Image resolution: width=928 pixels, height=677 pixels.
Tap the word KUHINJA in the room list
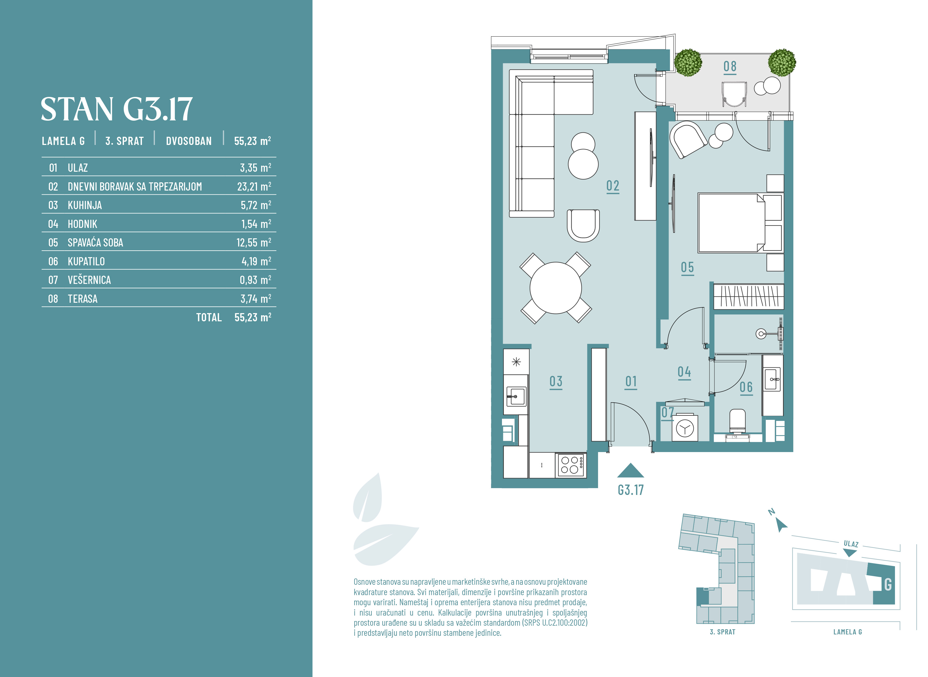pos(85,205)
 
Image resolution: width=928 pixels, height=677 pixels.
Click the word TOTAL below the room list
pos(209,317)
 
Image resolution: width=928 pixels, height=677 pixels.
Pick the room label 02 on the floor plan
pos(613,186)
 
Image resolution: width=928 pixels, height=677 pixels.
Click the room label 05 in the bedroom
pos(687,268)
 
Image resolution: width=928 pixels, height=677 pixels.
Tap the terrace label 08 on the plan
pos(730,66)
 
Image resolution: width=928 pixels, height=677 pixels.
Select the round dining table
pos(555,288)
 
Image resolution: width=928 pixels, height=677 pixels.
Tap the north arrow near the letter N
pos(781,525)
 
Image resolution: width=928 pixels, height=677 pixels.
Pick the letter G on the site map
pos(888,584)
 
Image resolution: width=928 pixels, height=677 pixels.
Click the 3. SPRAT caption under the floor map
pos(722,632)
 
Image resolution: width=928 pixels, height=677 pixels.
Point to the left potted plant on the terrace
pos(688,63)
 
